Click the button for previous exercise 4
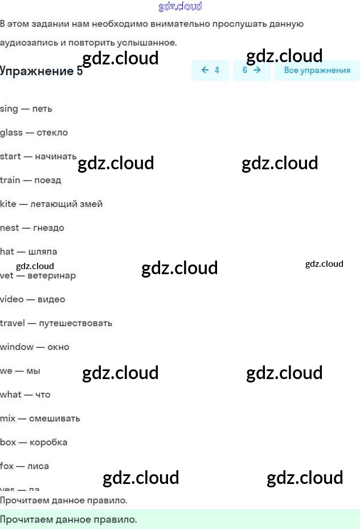point(210,70)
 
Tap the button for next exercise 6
point(251,70)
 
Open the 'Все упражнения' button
point(317,70)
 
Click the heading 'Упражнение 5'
point(42,71)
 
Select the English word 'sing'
point(9,109)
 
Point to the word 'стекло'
point(52,133)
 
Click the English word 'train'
point(10,180)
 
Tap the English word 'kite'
point(9,204)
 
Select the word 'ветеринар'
point(51,276)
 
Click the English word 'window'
point(17,347)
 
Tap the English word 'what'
point(11,394)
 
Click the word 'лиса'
point(38,466)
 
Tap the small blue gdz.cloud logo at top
point(180,7)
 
